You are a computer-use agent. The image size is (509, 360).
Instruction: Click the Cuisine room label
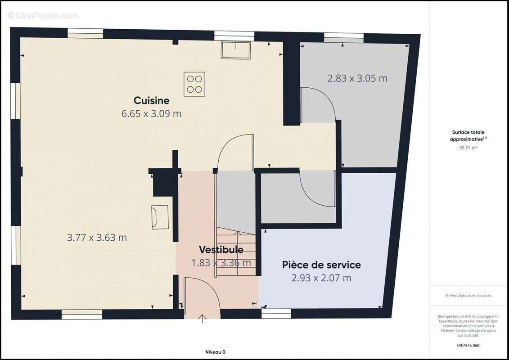(x=151, y=100)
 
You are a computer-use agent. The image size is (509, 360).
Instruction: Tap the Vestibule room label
(x=221, y=250)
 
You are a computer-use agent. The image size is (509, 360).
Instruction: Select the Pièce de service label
(x=321, y=265)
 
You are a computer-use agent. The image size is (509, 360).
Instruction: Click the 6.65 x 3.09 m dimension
(x=151, y=113)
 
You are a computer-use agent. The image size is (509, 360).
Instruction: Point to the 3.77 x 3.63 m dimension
(x=97, y=238)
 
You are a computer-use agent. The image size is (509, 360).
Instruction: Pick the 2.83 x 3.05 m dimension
(x=357, y=78)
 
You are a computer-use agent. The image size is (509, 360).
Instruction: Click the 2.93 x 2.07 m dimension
(x=321, y=278)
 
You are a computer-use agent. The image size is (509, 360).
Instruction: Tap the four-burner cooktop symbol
(x=194, y=84)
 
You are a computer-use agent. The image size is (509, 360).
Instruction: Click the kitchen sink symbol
(x=235, y=50)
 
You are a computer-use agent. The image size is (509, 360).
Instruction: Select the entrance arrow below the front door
(x=203, y=319)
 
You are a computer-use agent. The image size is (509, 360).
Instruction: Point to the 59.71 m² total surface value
(x=468, y=147)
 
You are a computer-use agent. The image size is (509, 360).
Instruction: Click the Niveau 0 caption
(x=215, y=352)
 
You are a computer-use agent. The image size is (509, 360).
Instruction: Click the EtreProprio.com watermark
(x=43, y=15)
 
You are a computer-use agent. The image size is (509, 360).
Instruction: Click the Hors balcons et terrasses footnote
(x=468, y=296)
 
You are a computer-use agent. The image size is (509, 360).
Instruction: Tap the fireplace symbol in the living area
(x=160, y=217)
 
